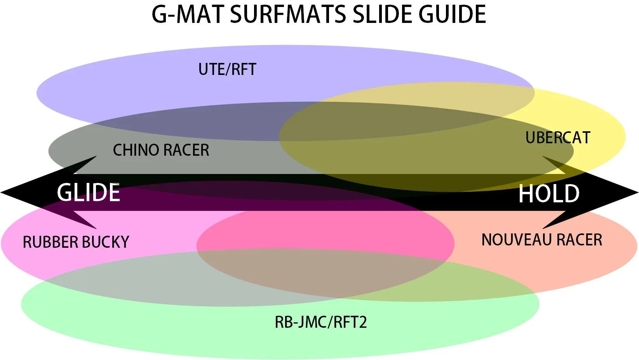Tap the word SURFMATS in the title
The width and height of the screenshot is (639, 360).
(288, 14)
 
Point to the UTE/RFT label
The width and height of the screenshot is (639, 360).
(227, 70)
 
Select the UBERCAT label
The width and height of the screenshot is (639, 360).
(558, 138)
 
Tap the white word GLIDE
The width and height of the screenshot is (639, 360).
(89, 193)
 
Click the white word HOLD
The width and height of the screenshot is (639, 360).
(549, 194)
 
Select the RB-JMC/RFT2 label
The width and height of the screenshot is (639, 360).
(321, 322)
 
